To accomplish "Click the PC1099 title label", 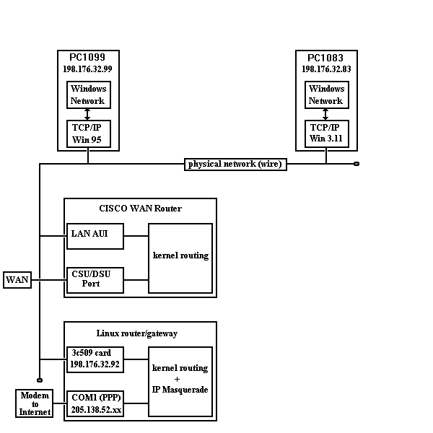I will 88,58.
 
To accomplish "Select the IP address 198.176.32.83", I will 326,69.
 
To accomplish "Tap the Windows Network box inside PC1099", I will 88,95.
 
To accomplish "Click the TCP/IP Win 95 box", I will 88,134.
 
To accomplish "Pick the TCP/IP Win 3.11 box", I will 326,134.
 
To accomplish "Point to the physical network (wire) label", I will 235,165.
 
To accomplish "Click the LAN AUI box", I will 95,235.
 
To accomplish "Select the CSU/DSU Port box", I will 95,279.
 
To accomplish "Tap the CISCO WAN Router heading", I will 140,209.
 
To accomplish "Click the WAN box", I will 17,280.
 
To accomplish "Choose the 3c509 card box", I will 95,359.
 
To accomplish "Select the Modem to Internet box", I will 35,403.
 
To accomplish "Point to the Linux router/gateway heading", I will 136,333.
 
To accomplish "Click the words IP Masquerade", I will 180,390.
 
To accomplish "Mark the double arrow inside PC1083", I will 326,114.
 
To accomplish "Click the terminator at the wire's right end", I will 356,164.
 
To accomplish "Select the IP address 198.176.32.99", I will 88,69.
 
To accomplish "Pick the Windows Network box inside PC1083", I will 326,95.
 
